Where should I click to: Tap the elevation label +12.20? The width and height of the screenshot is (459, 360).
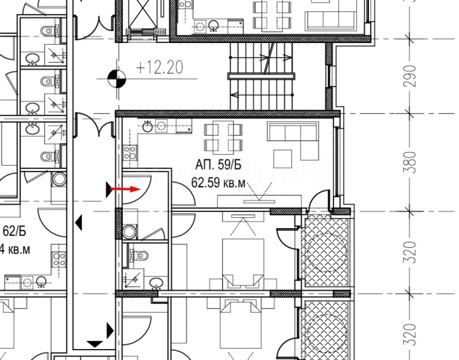pyautogui.click(x=160, y=68)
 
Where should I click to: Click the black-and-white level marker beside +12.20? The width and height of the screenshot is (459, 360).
pyautogui.click(x=117, y=77)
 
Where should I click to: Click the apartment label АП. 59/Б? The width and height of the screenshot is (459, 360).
pyautogui.click(x=218, y=166)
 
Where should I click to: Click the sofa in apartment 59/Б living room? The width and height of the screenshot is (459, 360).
pyautogui.click(x=293, y=134)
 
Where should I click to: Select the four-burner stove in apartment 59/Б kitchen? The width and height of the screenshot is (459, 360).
pyautogui.click(x=130, y=151)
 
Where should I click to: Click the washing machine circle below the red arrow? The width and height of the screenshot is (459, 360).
pyautogui.click(x=130, y=231)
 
